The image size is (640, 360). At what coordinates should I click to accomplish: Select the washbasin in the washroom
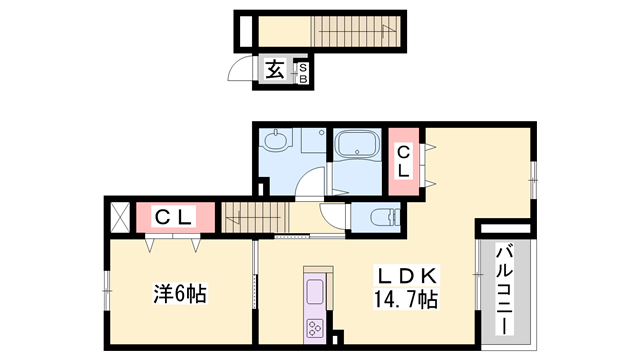click(276, 141)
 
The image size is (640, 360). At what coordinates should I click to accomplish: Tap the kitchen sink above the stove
click(313, 293)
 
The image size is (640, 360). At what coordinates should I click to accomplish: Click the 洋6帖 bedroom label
click(179, 295)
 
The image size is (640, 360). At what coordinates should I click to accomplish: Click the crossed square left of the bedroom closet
click(118, 216)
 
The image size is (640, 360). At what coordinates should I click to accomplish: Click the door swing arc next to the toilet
click(332, 215)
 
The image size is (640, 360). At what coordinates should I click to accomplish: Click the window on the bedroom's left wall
click(105, 294)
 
